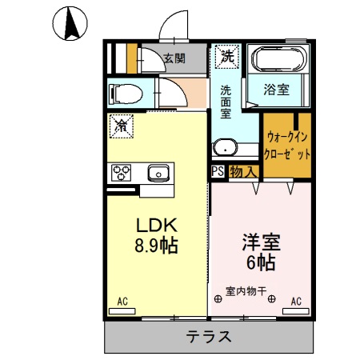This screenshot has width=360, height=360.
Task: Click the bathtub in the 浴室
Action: pyautogui.click(x=278, y=60)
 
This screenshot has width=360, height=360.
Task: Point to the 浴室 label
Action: pyautogui.click(x=278, y=90)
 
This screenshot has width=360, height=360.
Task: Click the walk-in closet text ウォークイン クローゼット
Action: pyautogui.click(x=286, y=145)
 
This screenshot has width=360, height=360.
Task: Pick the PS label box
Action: pyautogui.click(x=218, y=171)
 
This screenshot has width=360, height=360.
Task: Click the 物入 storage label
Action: pyautogui.click(x=242, y=171)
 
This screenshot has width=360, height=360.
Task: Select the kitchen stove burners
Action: pyautogui.click(x=122, y=172)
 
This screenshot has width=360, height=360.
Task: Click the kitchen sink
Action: pyautogui.click(x=158, y=171)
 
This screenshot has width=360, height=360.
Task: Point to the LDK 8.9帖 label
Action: pyautogui.click(x=155, y=235)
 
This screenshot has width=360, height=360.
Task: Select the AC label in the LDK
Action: pyautogui.click(x=123, y=302)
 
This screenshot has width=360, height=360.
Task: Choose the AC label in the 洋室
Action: pyautogui.click(x=295, y=302)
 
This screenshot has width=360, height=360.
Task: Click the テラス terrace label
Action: pyautogui.click(x=210, y=336)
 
